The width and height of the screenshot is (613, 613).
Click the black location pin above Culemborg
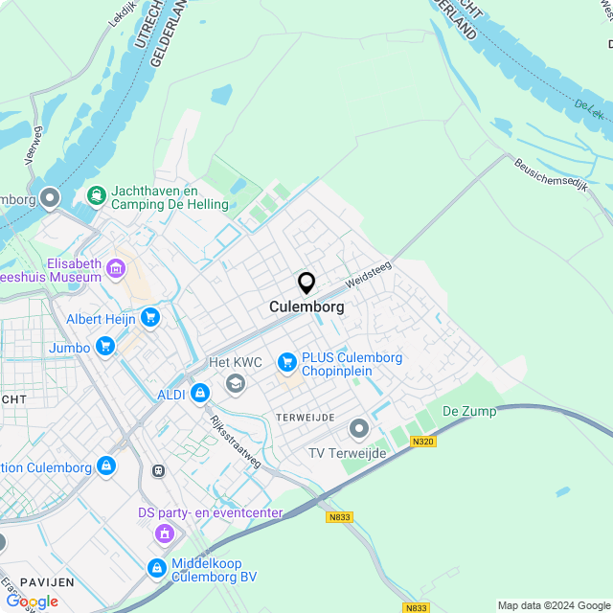click(306, 283)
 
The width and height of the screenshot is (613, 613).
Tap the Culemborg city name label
click(306, 307)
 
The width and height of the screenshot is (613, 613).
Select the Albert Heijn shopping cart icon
click(149, 317)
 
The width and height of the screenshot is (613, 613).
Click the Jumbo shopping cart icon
click(105, 347)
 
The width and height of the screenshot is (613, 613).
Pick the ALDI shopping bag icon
click(199, 393)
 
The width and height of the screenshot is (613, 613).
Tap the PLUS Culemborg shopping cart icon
click(286, 362)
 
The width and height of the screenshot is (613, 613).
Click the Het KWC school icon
click(235, 383)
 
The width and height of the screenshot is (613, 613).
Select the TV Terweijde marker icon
click(359, 427)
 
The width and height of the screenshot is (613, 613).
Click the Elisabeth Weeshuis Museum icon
click(117, 268)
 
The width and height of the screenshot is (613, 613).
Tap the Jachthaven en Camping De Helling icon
click(96, 196)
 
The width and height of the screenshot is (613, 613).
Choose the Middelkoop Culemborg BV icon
click(157, 569)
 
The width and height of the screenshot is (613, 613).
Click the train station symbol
click(158, 470)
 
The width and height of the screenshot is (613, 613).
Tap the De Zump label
click(469, 411)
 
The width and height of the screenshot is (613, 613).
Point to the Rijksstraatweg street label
click(236, 441)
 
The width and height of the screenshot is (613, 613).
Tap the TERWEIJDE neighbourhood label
click(305, 418)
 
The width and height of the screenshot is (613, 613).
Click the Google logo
click(32, 601)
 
